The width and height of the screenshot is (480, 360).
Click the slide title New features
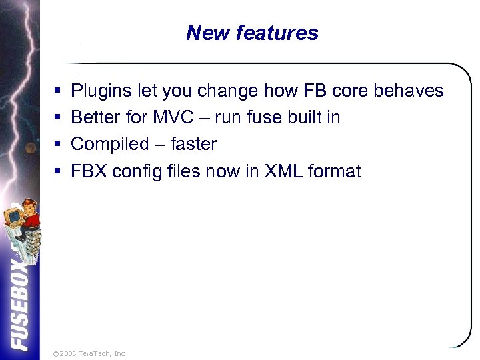(252, 33)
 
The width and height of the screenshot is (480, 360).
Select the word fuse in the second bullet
(265, 118)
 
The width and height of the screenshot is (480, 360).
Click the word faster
(193, 144)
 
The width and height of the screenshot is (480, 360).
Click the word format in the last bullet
(335, 172)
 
